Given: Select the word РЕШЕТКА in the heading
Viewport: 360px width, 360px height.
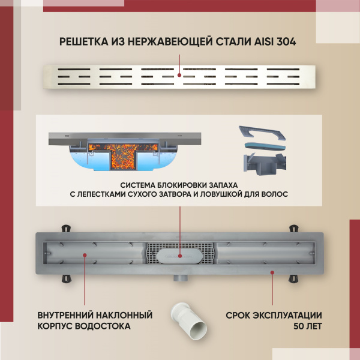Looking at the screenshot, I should pos(84,41).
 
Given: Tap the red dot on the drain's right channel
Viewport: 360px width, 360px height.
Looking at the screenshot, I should pos(272,272).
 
